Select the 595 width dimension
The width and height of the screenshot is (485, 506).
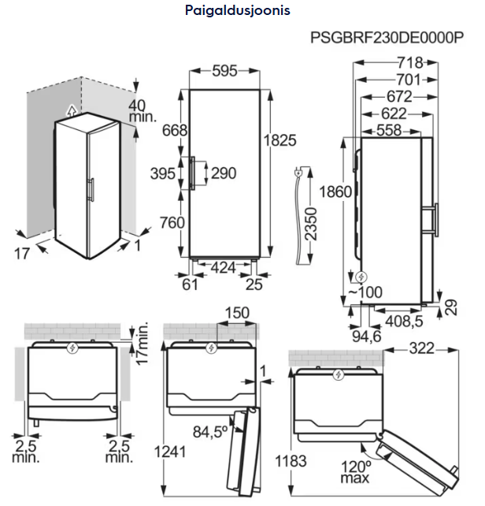[224, 72]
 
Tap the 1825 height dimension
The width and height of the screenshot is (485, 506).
[280, 140]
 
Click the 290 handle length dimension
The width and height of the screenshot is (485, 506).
[224, 173]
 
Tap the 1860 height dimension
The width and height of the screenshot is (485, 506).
[336, 192]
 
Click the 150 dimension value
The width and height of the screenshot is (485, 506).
[235, 313]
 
